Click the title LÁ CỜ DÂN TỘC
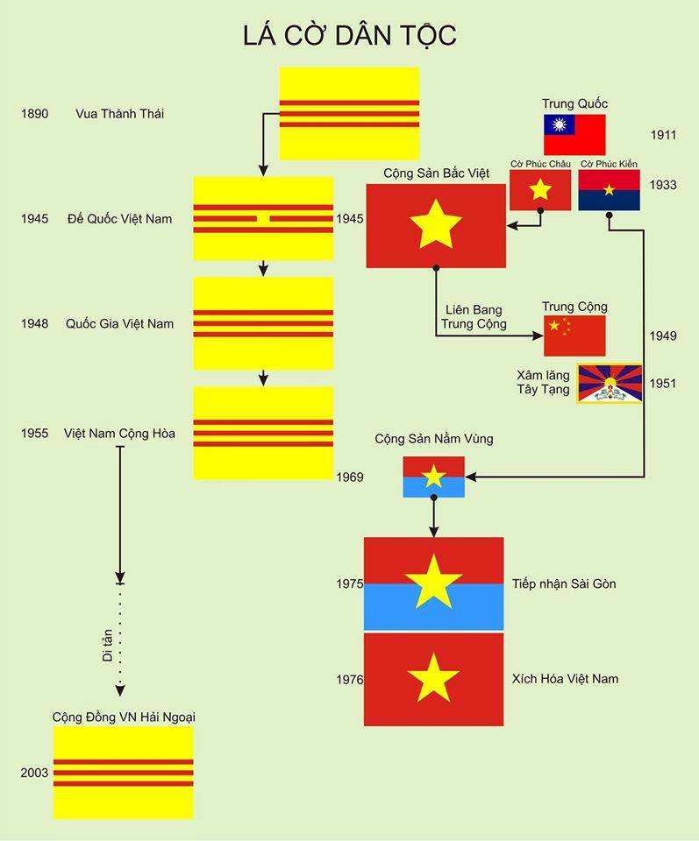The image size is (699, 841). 349,36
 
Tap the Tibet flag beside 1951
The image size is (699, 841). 609,383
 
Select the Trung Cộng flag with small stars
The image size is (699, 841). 574,335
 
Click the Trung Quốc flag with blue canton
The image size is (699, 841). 574,135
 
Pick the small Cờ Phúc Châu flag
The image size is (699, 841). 539,189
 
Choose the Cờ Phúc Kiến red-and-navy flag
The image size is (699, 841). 609,190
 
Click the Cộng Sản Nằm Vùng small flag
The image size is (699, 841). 433,477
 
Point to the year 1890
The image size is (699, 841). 35,114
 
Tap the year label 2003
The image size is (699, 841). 35,773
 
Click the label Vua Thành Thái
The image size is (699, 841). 120,114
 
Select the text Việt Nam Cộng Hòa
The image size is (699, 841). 119,433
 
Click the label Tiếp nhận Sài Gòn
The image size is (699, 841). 564,583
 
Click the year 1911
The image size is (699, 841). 663,135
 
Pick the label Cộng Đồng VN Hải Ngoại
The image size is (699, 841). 123,717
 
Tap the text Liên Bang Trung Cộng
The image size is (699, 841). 474,317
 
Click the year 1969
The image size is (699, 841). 349,477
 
